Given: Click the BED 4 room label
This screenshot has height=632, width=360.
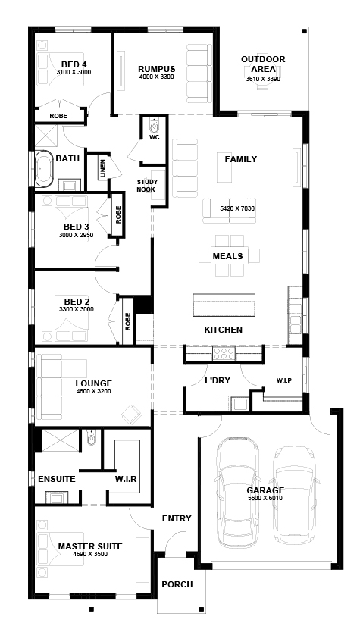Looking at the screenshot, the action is click(74, 64).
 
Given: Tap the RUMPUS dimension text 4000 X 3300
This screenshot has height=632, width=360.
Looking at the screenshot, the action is click(156, 77).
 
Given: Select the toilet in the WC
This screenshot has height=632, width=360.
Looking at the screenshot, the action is click(154, 126).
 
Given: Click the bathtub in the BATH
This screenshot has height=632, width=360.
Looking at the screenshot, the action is click(43, 169).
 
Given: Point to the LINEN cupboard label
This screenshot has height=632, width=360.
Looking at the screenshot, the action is click(102, 169).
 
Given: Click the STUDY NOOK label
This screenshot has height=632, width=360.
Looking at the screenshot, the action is click(147, 186).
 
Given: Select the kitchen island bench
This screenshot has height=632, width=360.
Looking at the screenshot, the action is click(224, 305).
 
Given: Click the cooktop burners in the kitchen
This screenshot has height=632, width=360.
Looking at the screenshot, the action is click(224, 353).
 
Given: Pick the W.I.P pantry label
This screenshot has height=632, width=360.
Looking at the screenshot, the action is click(283, 380).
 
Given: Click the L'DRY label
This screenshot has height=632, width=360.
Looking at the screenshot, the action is click(217, 380).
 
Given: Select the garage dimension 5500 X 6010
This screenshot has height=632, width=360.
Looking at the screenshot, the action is click(265, 498).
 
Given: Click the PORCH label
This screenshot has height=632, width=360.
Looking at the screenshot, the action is click(177, 584).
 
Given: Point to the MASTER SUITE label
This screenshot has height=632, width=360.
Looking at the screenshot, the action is click(90, 546).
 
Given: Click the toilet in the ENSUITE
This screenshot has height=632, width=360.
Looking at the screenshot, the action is click(92, 437).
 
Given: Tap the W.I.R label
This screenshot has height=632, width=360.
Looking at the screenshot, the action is click(125, 479).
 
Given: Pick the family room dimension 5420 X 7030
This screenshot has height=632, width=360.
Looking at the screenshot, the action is click(237, 209).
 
